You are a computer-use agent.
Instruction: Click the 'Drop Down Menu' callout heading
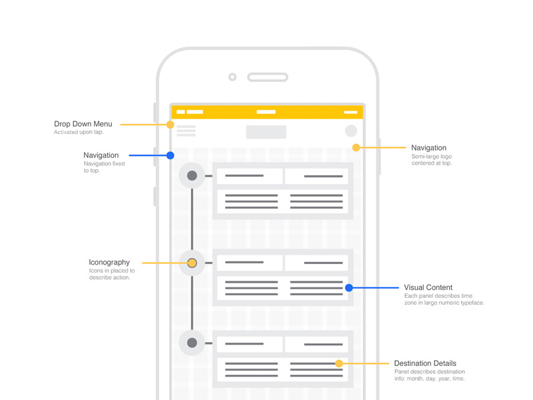[x=83, y=124]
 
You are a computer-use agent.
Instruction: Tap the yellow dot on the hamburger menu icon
[x=171, y=125]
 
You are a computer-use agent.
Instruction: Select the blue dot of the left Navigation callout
[x=171, y=155]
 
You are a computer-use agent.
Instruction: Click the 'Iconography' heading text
[x=109, y=262]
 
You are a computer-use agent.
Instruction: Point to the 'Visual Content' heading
[x=428, y=287]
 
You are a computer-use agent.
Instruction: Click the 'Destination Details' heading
[x=425, y=363]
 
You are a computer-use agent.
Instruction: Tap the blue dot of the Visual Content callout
[x=348, y=288]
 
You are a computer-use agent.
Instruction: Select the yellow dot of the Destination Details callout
[x=339, y=363]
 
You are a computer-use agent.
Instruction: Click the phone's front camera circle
[x=233, y=77]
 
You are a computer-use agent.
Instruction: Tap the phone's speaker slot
[x=267, y=77]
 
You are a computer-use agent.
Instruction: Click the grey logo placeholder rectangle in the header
[x=266, y=132]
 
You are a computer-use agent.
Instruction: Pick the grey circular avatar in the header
[x=351, y=131]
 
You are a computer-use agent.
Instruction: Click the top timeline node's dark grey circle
[x=192, y=176]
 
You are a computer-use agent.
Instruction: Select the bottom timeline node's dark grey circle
[x=192, y=343]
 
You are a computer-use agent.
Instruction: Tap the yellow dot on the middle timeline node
[x=192, y=263]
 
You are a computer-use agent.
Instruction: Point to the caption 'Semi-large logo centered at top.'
[x=432, y=160]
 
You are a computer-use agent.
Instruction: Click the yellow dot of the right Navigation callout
[x=356, y=148]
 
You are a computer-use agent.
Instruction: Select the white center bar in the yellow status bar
[x=266, y=112]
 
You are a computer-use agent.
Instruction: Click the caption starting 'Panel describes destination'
[x=430, y=375]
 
